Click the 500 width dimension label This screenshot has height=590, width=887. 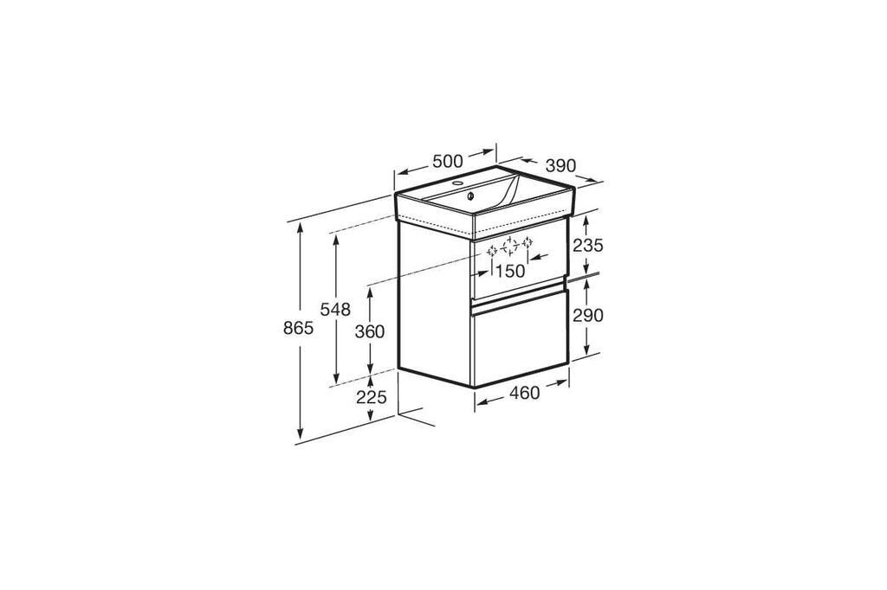448,161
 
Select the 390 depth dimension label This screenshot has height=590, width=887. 560,165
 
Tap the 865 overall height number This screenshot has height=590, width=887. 298,328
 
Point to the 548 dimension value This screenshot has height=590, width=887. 335,309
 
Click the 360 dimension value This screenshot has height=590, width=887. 370,331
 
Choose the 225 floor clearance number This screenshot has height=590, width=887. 371,397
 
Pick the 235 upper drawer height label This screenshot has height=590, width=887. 588,246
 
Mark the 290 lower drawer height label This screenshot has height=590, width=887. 588,316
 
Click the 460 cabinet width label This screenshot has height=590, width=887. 524,392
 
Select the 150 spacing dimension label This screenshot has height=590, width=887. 510,272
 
